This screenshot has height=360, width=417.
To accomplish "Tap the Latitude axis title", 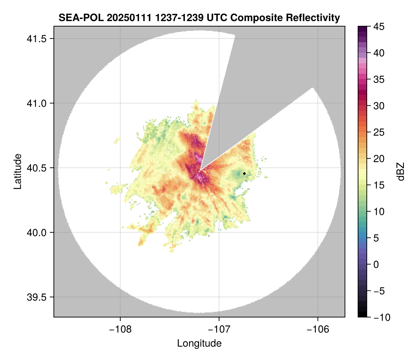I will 17,171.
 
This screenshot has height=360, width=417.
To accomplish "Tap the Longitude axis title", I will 199,343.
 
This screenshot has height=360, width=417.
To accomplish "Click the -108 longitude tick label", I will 120,329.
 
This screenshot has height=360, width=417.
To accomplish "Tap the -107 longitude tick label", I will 219,329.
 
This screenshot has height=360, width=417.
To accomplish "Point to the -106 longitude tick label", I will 318,329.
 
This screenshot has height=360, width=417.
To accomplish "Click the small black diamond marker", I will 244,173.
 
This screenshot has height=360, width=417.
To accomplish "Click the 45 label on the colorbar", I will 380,27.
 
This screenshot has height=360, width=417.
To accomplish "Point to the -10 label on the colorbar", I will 382,317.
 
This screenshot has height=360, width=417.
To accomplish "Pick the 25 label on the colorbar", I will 380,132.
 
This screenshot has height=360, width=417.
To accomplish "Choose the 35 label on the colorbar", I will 380,79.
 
